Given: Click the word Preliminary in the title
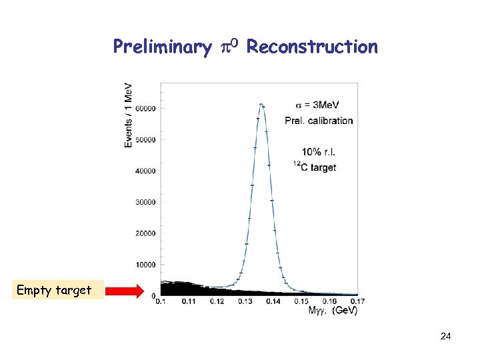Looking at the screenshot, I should tap(162, 47).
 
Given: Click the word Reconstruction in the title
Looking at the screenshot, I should tap(312, 47).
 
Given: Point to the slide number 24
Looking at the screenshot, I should tap(445, 337).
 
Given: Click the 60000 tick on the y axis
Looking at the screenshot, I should tap(145, 108).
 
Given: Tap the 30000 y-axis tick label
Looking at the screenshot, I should tap(145, 202).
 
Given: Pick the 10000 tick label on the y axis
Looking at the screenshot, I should tap(145, 265).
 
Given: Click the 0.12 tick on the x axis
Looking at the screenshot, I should tap(217, 302).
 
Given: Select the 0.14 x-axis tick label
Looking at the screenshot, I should tap(273, 302).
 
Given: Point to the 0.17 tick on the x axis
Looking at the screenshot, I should tap(357, 302).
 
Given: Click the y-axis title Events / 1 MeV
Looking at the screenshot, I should tap(128, 115).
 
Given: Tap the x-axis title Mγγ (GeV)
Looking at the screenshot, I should tap(333, 311).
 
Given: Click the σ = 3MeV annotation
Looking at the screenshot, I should tap(317, 105).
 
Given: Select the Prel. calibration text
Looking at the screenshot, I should tap(319, 121).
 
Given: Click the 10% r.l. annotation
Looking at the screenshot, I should tap(319, 152).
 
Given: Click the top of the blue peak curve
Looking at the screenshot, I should tap(261, 104).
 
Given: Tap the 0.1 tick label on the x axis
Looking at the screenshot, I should tap(161, 302).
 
